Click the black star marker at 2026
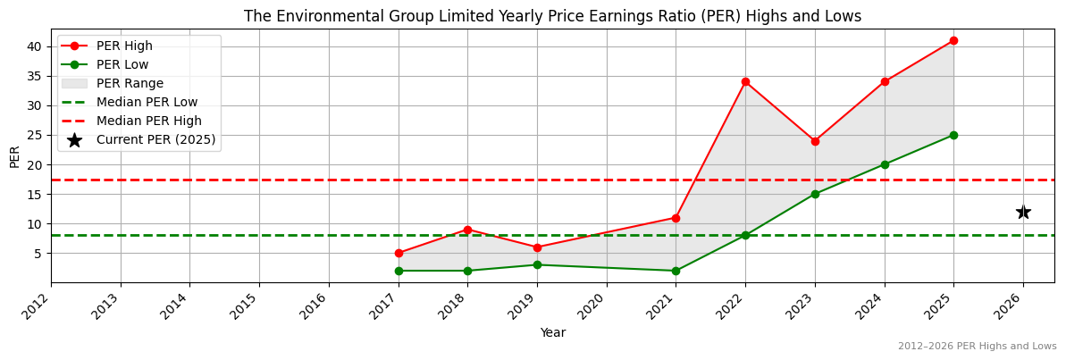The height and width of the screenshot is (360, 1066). (x=1023, y=212)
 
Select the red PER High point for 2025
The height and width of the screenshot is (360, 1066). (x=953, y=40)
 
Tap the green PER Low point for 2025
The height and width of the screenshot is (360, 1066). (x=953, y=135)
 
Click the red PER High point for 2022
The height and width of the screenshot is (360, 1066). (x=745, y=81)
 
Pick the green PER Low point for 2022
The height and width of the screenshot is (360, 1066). (x=745, y=235)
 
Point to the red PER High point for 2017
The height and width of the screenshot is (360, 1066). (x=399, y=253)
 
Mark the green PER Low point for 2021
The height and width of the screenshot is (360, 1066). (x=676, y=271)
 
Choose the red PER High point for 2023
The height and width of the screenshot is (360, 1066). (x=815, y=141)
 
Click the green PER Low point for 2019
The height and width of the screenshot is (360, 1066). (x=537, y=264)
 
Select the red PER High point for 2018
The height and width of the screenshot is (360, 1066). (x=467, y=230)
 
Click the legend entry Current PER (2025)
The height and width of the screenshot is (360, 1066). (x=155, y=139)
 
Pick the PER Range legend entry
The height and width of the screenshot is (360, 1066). (x=130, y=83)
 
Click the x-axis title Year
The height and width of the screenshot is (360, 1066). (x=552, y=332)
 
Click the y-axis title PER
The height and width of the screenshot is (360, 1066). (x=14, y=156)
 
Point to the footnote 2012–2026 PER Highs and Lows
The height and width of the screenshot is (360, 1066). (x=977, y=347)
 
